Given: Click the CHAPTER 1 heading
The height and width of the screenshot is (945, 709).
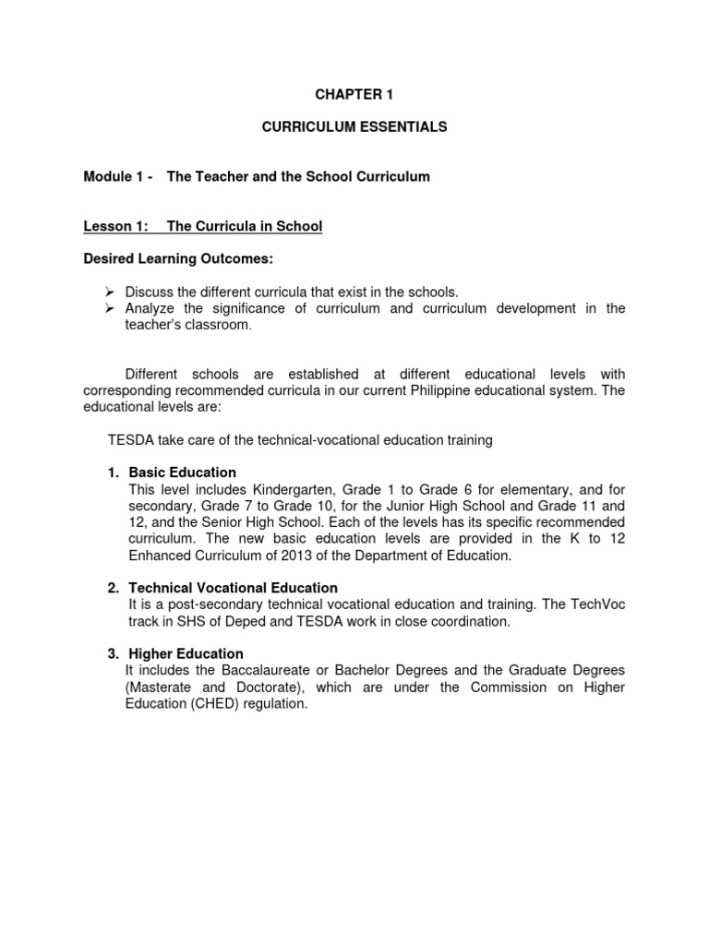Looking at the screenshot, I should [354, 93].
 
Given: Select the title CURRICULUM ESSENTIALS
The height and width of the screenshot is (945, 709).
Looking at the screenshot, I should [354, 127].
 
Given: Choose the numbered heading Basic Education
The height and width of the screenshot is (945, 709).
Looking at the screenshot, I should [182, 472].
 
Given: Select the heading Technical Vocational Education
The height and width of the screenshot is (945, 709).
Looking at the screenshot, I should [233, 588].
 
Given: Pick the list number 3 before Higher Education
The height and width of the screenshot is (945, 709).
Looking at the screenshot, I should [113, 653].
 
